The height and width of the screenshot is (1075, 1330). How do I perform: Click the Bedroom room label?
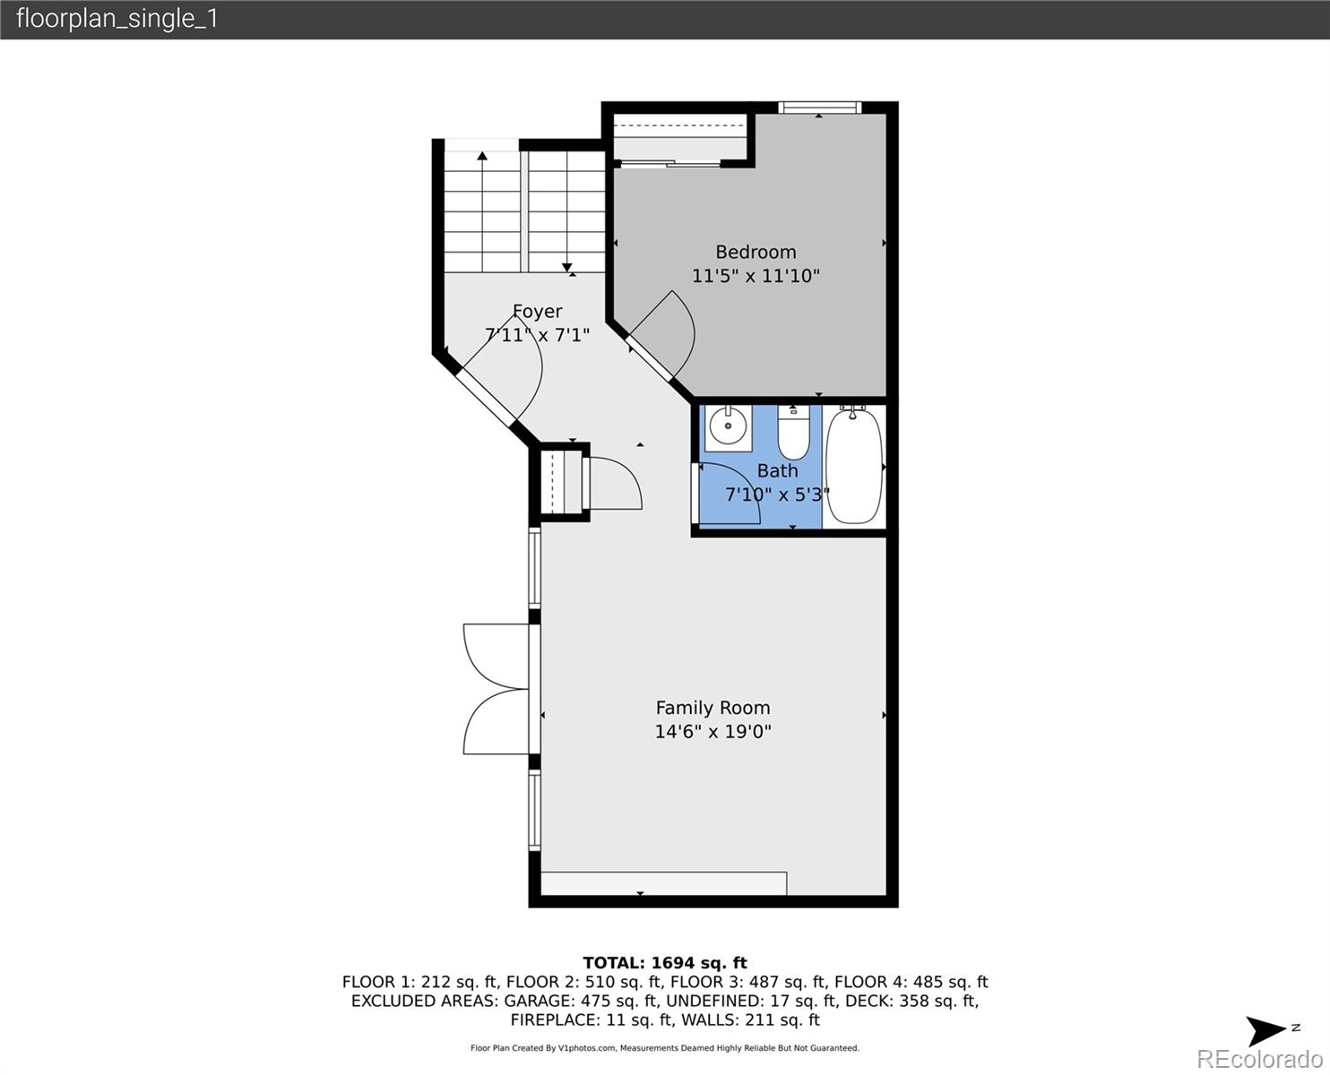click(x=756, y=252)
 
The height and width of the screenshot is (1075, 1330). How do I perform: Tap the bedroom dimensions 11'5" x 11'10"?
click(x=756, y=276)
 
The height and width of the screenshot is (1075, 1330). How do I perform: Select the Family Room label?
click(x=712, y=708)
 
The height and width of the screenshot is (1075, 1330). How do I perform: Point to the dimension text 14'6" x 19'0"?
click(x=712, y=731)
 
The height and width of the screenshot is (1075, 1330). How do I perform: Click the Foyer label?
click(x=538, y=311)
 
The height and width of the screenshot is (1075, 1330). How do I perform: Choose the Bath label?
click(x=777, y=470)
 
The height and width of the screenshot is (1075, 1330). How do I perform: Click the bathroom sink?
click(x=728, y=427)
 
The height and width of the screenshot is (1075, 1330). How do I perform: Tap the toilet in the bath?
click(x=793, y=432)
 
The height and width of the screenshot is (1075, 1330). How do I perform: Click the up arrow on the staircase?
click(x=482, y=157)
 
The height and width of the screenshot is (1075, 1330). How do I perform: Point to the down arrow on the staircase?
click(x=567, y=266)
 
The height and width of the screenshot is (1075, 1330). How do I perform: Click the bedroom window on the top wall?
click(x=819, y=107)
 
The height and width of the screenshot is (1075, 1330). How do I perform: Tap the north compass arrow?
click(x=1268, y=1030)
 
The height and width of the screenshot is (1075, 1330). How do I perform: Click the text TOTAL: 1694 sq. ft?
click(x=664, y=963)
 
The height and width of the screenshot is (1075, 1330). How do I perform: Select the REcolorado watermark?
click(x=1259, y=1059)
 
